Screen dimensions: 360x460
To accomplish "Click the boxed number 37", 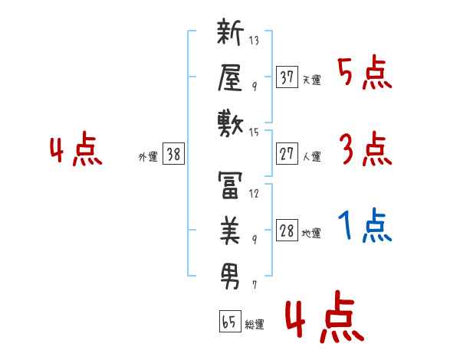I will [x=287, y=77].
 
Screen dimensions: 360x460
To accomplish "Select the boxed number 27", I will [x=287, y=153].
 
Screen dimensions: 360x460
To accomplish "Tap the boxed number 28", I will [x=287, y=231].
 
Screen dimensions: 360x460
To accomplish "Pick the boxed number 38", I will [x=173, y=154].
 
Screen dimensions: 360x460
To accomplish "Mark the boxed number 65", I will [x=228, y=321].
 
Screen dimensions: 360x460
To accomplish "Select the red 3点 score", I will [x=365, y=149].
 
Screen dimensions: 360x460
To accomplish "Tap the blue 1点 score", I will [x=365, y=226].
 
